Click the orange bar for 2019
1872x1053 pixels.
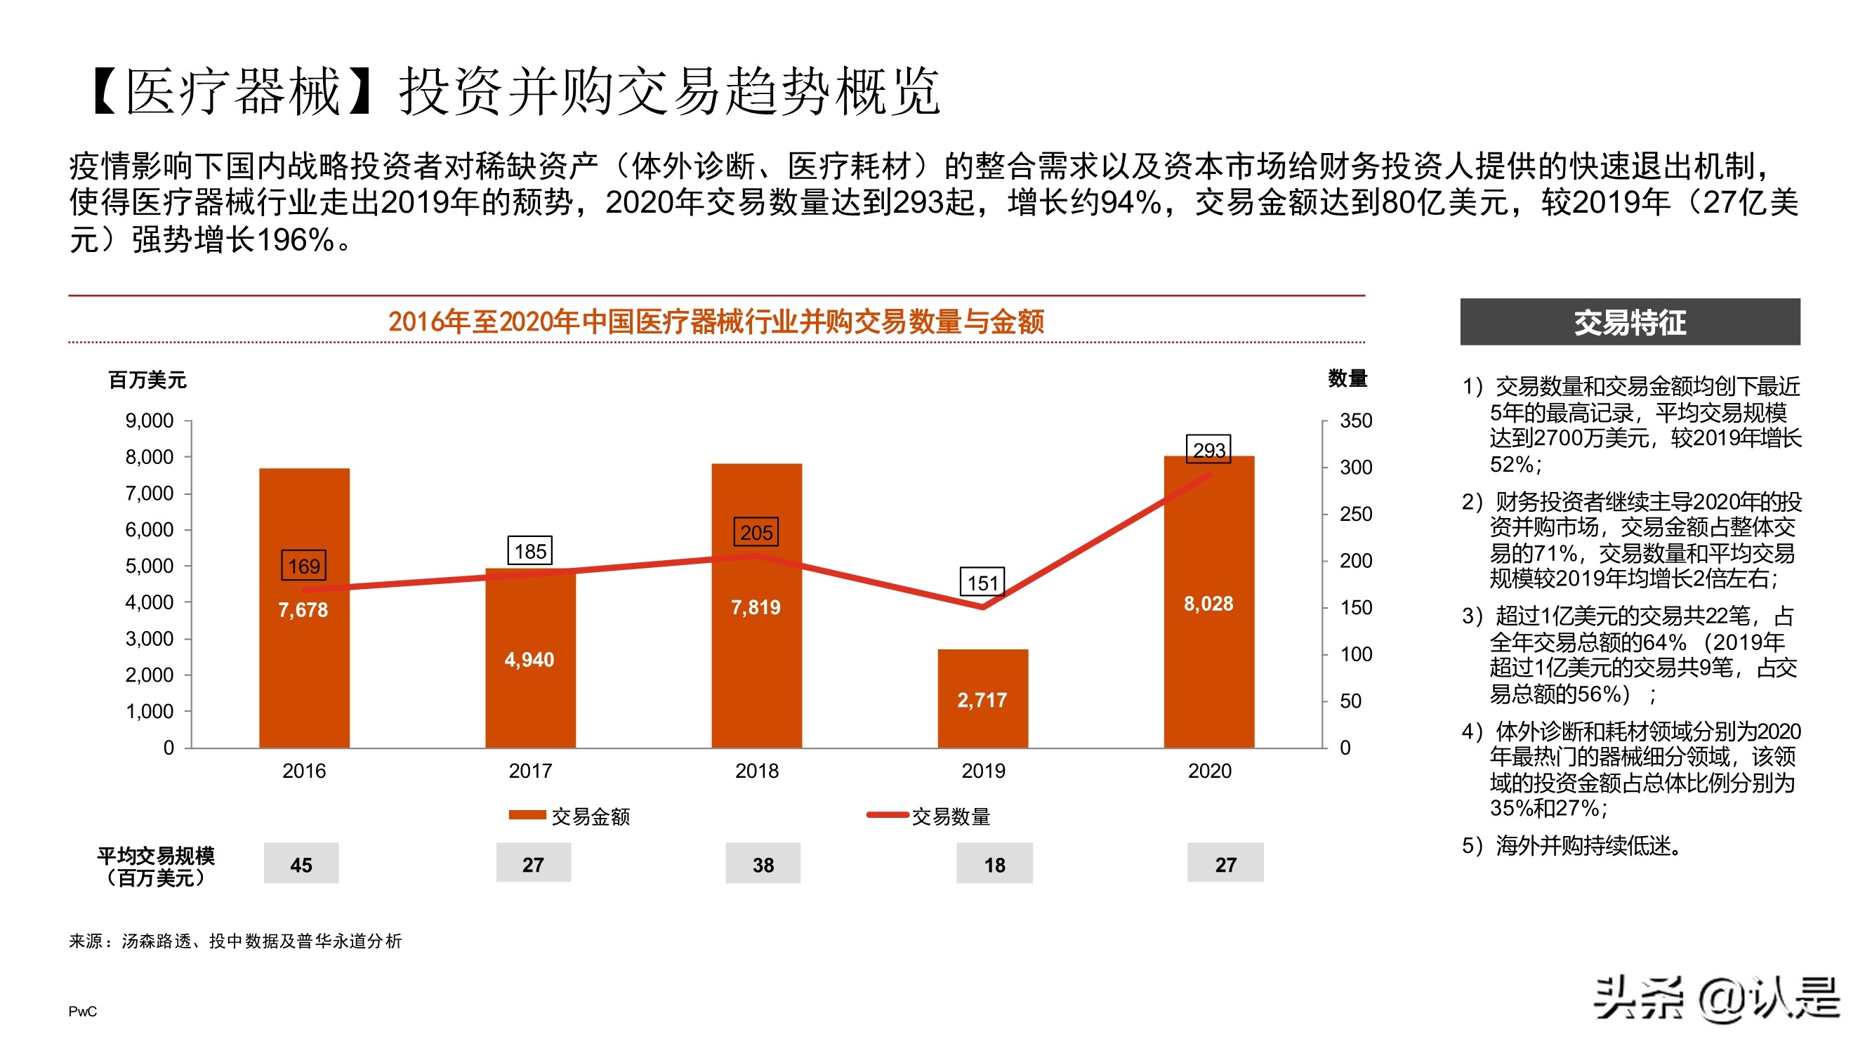(x=982, y=698)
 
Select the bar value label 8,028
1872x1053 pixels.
(x=1208, y=603)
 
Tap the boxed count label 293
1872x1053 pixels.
(x=1208, y=450)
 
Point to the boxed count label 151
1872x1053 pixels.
(x=982, y=582)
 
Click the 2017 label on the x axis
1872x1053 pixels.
(x=529, y=770)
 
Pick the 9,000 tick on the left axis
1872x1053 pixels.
(x=149, y=420)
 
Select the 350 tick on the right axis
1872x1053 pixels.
(x=1355, y=420)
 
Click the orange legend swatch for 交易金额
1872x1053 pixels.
(x=527, y=815)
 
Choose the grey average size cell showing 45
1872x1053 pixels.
(x=301, y=863)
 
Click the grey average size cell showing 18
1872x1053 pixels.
(x=994, y=863)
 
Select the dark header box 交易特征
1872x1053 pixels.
(x=1629, y=322)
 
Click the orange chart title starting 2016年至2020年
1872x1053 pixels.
(x=716, y=322)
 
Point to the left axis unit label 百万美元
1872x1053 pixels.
(x=147, y=379)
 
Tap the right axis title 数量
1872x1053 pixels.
(x=1347, y=378)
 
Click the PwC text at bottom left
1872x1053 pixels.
(x=82, y=1011)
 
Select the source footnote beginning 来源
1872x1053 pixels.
(x=235, y=941)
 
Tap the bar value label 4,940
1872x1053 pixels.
(x=529, y=659)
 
